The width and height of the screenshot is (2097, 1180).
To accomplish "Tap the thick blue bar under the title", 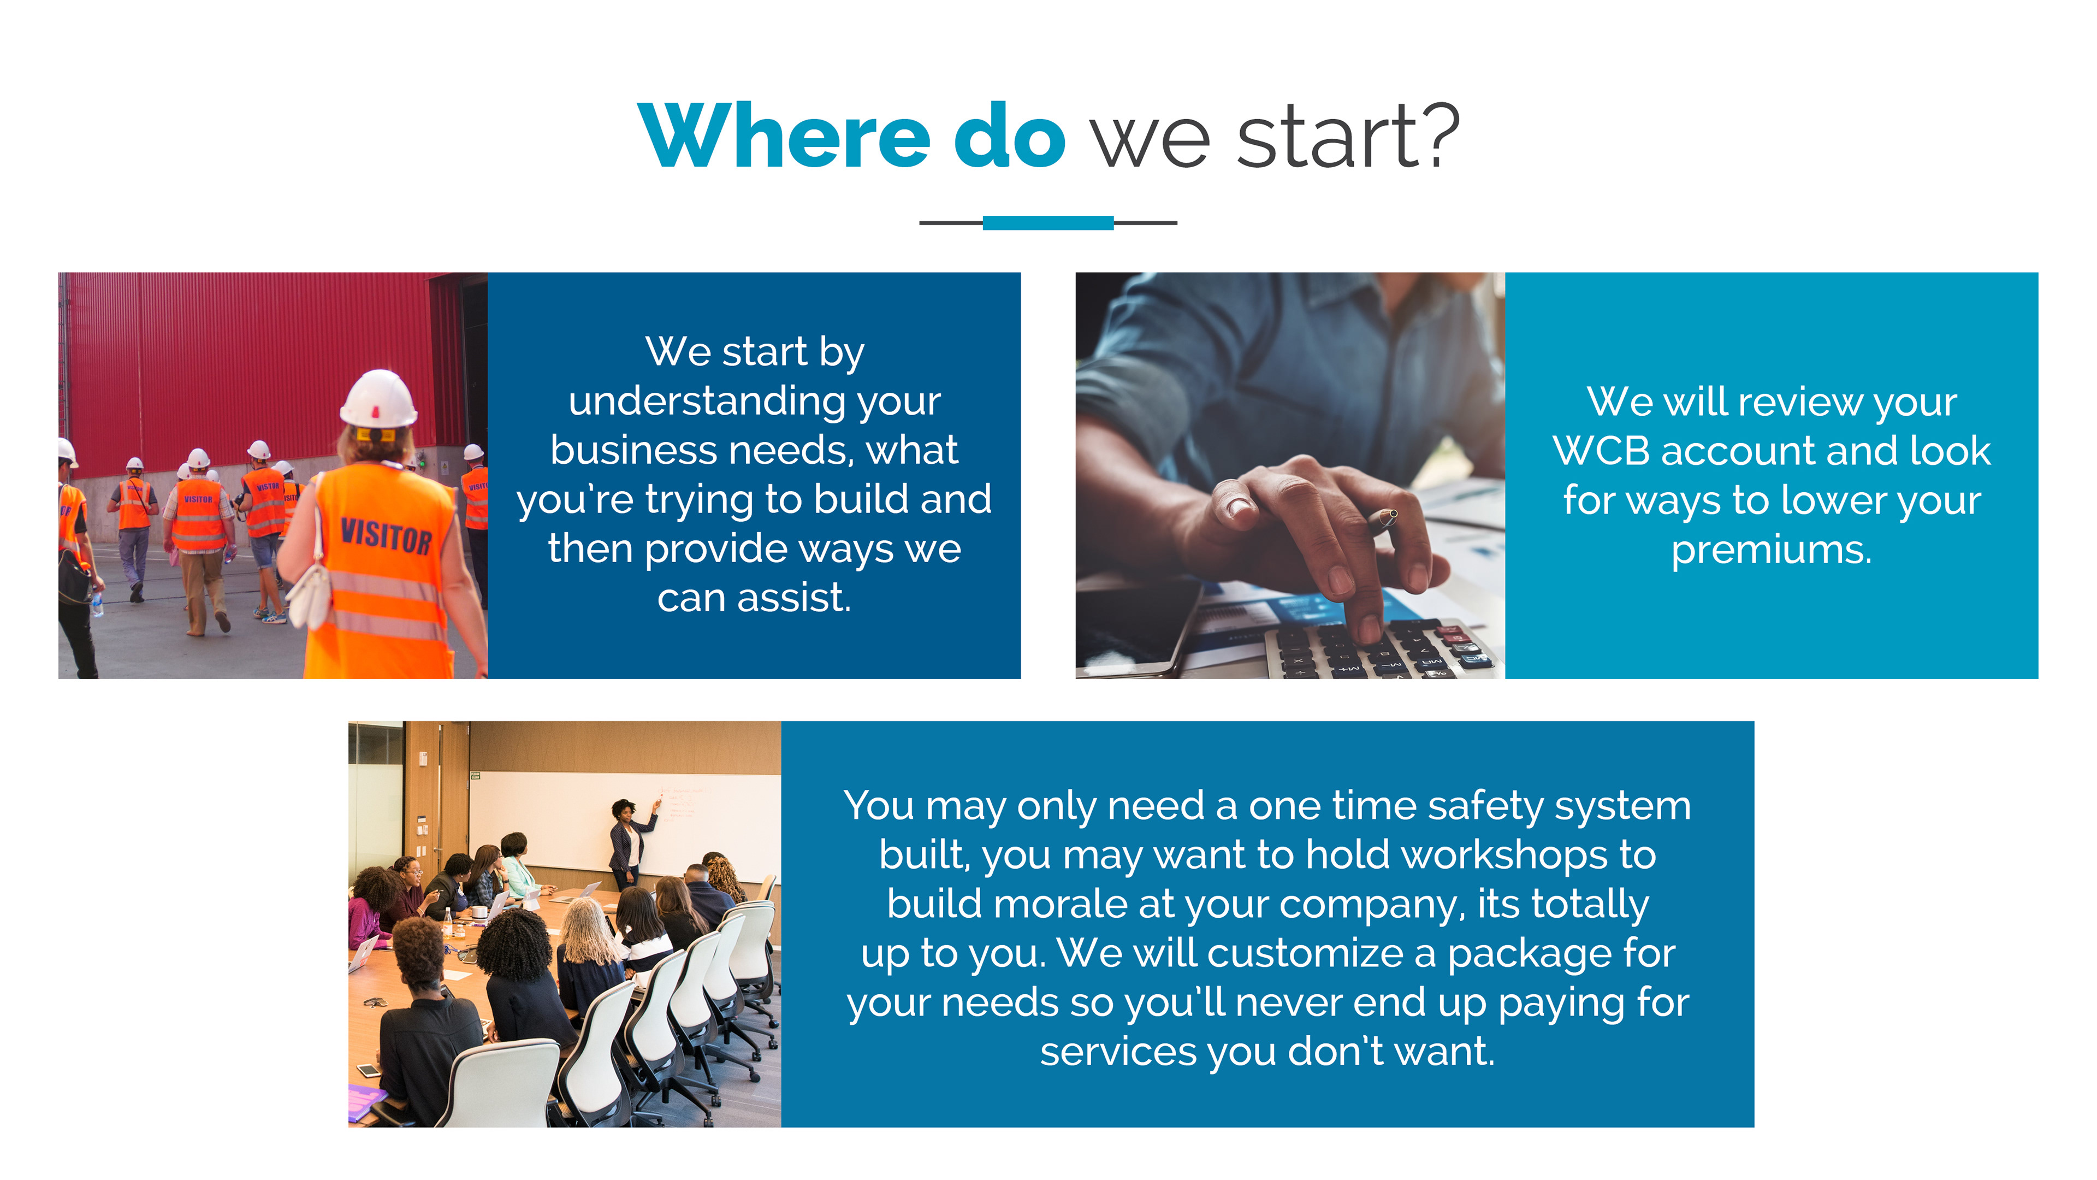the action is (1048, 222).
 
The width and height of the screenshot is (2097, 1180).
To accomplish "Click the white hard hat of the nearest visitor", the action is (378, 398).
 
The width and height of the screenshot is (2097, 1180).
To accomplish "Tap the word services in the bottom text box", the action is (1118, 1052).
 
